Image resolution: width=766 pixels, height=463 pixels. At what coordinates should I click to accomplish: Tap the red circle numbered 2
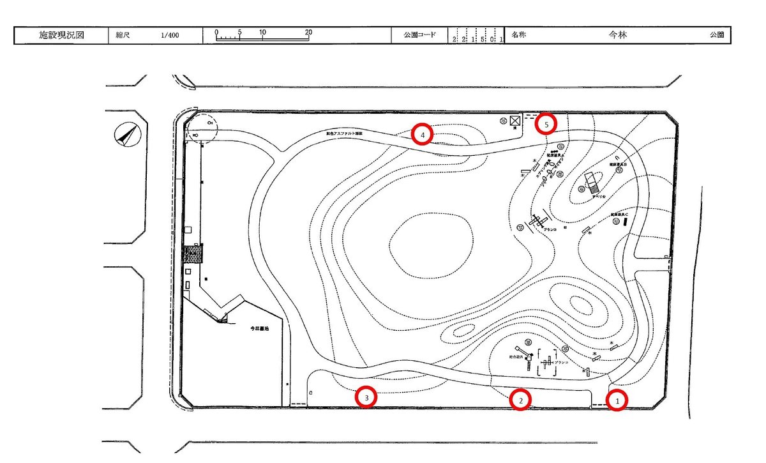pyautogui.click(x=521, y=400)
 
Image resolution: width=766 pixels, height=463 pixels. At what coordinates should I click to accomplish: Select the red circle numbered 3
pyautogui.click(x=366, y=397)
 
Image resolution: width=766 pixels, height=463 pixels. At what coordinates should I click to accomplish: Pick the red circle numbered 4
pyautogui.click(x=422, y=134)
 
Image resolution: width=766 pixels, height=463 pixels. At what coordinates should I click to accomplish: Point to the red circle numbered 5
pyautogui.click(x=546, y=123)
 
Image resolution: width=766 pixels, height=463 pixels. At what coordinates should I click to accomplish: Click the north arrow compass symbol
pyautogui.click(x=126, y=135)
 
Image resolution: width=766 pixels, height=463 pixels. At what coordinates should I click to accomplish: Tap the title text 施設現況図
pyautogui.click(x=62, y=35)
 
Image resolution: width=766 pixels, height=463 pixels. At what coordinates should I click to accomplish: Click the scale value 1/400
pyautogui.click(x=170, y=36)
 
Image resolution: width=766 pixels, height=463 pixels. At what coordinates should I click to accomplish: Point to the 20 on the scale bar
pyautogui.click(x=308, y=32)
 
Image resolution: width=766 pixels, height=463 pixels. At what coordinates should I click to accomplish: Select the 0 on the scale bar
pyautogui.click(x=216, y=32)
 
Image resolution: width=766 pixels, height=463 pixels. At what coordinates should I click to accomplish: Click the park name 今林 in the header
pyautogui.click(x=618, y=35)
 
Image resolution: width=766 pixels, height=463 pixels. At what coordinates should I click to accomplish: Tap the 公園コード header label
pyautogui.click(x=419, y=35)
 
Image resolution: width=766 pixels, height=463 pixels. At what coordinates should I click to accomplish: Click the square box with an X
pyautogui.click(x=514, y=119)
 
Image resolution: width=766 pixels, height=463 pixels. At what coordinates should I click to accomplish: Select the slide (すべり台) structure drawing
pyautogui.click(x=591, y=184)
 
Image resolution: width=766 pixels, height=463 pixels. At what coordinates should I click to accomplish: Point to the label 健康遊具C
pyautogui.click(x=619, y=214)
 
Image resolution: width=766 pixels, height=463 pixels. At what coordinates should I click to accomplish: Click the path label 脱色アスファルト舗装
pyautogui.click(x=344, y=133)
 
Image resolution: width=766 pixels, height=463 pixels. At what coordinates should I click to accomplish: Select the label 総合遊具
pyautogui.click(x=516, y=357)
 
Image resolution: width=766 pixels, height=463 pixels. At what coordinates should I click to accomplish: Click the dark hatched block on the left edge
pyautogui.click(x=192, y=254)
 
